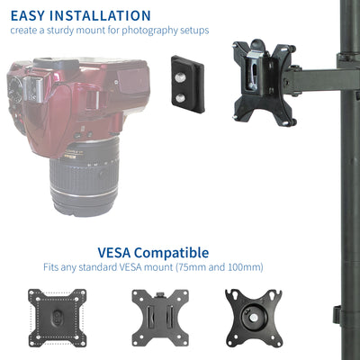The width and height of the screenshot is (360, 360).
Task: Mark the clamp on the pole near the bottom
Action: point(337,315)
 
